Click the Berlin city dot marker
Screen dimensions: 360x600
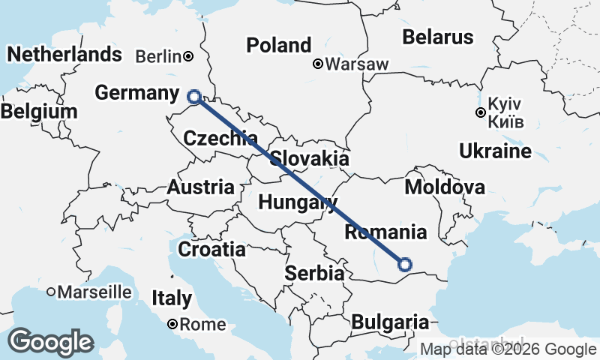click(189, 56)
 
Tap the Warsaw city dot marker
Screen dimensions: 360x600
click(318, 64)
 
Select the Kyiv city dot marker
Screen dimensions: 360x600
click(480, 113)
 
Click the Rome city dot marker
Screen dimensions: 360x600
click(172, 325)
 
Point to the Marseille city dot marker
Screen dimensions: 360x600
click(51, 292)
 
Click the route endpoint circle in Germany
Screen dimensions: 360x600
click(194, 96)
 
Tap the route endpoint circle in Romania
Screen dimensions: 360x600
click(405, 264)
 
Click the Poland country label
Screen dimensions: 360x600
click(278, 46)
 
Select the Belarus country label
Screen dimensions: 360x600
click(438, 37)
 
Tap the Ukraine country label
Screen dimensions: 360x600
click(495, 151)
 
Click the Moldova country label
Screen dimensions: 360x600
click(444, 187)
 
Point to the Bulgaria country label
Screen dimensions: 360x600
click(390, 322)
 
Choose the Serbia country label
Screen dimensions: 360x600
click(314, 274)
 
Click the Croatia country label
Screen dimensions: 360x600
click(211, 249)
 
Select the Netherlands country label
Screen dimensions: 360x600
click(64, 54)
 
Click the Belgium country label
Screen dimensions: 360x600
click(39, 112)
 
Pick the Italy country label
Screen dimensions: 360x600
click(172, 298)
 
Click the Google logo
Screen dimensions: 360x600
click(51, 342)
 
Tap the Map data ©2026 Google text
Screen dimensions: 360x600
click(508, 349)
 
